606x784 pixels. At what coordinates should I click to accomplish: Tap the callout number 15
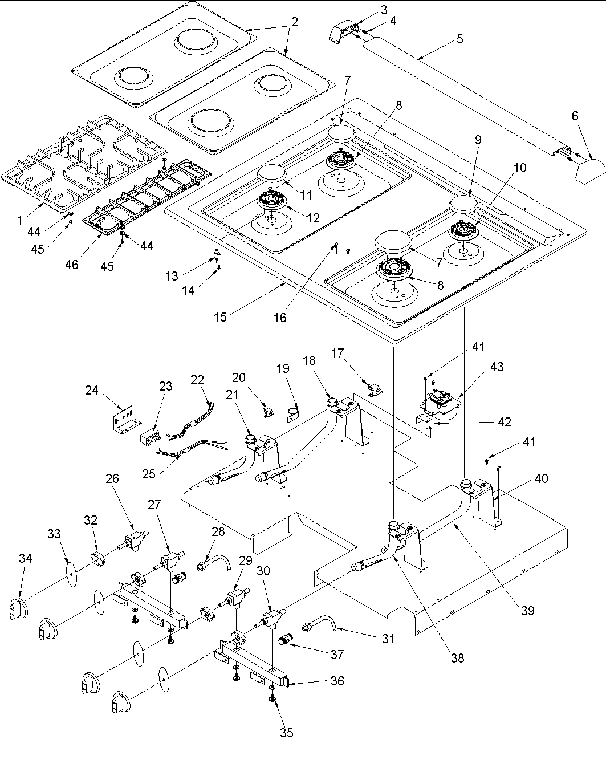(220, 316)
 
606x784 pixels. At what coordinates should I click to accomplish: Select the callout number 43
(497, 367)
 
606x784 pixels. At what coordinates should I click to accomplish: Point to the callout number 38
(457, 657)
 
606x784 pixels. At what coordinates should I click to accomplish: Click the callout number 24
(92, 391)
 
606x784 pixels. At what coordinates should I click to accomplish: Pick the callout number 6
(575, 116)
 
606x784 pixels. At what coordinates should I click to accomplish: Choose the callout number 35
(286, 732)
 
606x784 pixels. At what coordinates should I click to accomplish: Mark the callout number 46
(72, 265)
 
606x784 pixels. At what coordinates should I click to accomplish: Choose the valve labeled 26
(136, 539)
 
